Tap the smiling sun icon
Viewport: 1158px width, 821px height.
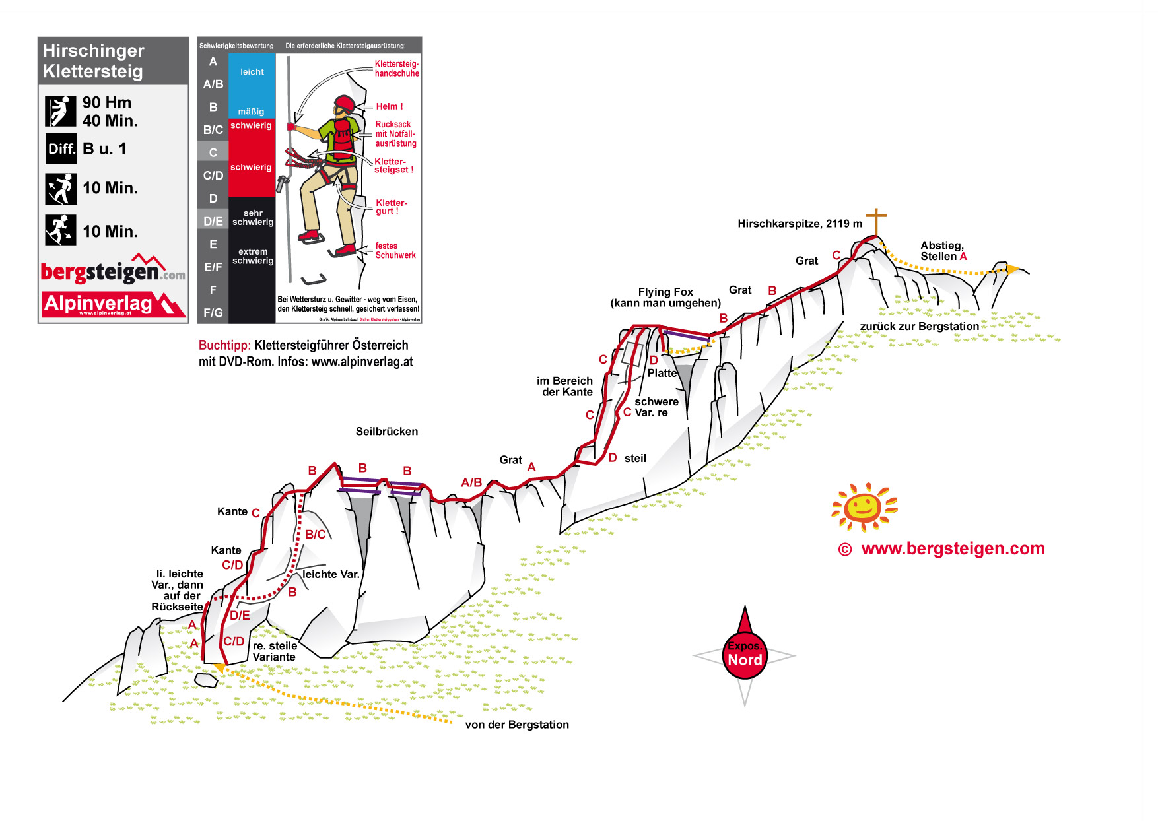(864, 507)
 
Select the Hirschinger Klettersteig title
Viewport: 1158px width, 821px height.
(94, 61)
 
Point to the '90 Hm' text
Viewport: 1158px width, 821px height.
(107, 103)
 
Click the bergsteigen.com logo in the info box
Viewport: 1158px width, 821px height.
(112, 271)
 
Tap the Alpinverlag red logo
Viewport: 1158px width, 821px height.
(112, 304)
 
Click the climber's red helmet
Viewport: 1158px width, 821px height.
(345, 104)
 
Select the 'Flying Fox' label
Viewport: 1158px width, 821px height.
(665, 292)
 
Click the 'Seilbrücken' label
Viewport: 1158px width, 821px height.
(387, 432)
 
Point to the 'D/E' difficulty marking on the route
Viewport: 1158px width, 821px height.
(240, 616)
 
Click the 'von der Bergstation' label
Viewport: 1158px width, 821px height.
(517, 725)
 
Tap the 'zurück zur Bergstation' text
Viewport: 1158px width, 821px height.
(919, 327)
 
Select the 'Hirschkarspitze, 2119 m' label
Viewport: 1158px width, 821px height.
(800, 224)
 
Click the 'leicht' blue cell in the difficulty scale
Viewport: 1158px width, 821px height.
(252, 73)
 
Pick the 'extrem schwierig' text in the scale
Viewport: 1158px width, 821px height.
(253, 256)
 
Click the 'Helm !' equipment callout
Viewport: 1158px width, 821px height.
(390, 106)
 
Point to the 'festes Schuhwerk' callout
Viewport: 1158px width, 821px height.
(395, 251)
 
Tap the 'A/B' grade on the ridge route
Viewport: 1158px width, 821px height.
(471, 482)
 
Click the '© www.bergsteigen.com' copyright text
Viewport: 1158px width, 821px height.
(942, 549)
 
